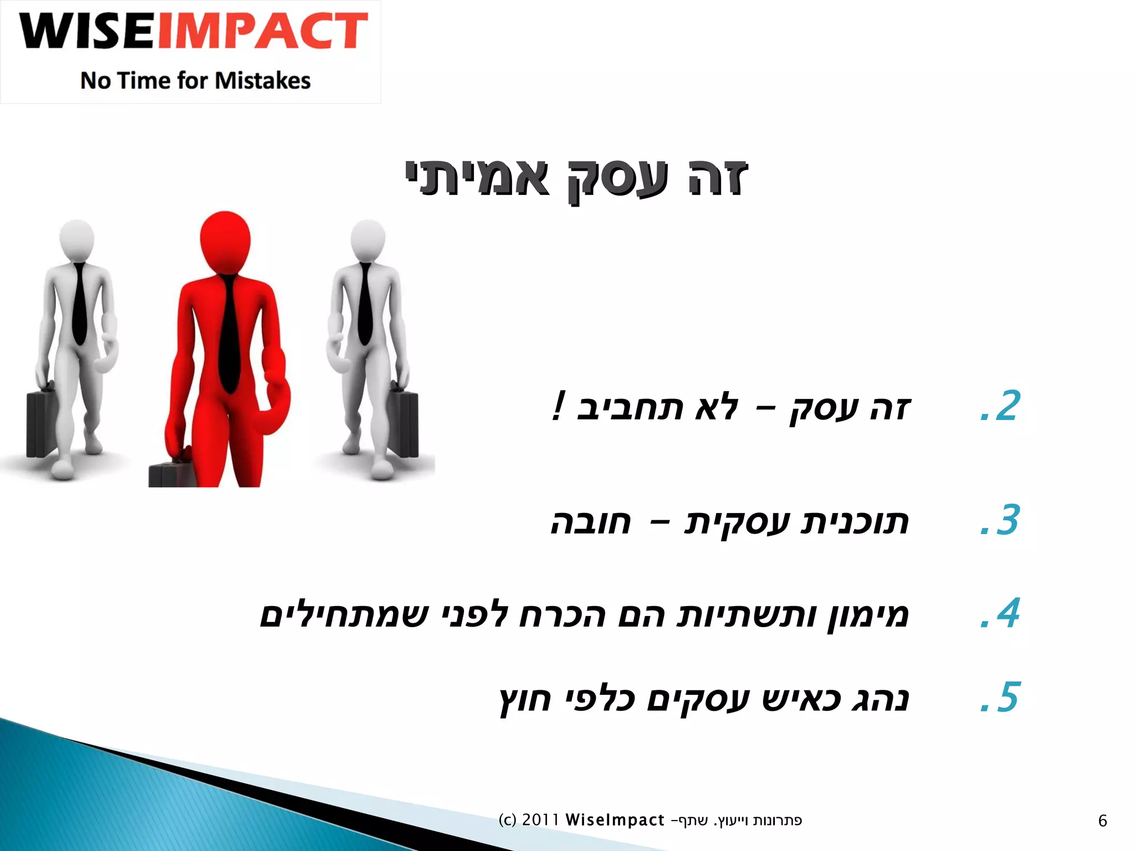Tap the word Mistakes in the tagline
pos(263,81)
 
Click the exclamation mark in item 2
pos(559,406)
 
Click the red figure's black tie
pos(228,332)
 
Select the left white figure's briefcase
pos(41,424)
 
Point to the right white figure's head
pos(368,240)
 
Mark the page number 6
pos(1102,821)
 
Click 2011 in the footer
pos(540,820)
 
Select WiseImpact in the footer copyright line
pos(615,820)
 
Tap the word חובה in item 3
pos(591,522)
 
